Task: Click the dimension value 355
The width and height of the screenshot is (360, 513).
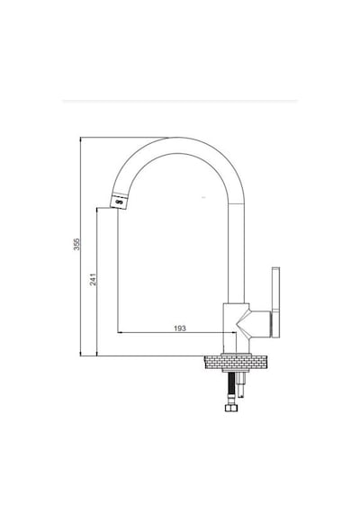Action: coord(76,245)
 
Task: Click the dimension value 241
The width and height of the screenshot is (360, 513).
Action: coord(94,279)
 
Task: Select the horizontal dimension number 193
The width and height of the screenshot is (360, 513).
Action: coord(180,328)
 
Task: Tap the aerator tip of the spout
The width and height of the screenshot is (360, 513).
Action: coord(119,202)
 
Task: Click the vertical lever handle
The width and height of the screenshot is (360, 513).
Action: coord(275,302)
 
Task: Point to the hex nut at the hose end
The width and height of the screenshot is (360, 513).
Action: coord(231,408)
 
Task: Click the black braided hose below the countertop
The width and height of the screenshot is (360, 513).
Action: coord(231,388)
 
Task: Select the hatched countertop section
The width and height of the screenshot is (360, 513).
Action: coord(237,364)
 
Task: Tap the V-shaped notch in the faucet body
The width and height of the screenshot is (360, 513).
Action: coord(242,324)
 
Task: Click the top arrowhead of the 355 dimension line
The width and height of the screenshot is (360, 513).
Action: coord(80,139)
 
